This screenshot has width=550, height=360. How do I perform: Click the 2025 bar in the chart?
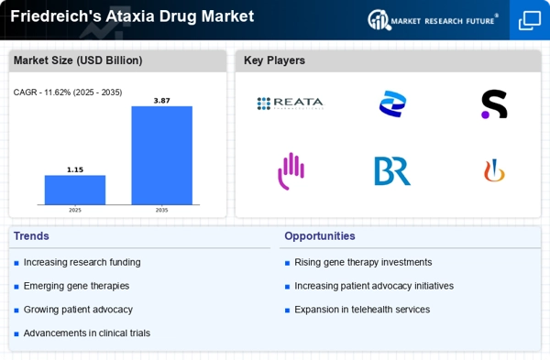(x=75, y=190)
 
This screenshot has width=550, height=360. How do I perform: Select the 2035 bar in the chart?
(x=161, y=155)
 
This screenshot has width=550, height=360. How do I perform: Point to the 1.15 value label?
(x=75, y=169)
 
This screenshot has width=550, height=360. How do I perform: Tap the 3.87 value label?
(x=161, y=100)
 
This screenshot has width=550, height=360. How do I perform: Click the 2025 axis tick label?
(x=75, y=210)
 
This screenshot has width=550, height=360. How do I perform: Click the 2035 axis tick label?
(x=161, y=210)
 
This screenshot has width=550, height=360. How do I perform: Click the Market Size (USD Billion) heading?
(x=77, y=60)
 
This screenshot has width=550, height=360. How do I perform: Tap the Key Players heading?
(x=274, y=60)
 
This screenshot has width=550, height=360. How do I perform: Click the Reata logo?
(x=290, y=104)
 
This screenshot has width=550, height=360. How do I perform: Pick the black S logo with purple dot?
(x=494, y=104)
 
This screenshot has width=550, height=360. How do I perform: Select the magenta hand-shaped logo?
(x=291, y=170)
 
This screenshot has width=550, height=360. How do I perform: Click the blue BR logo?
(x=392, y=171)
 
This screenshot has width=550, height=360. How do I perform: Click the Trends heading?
(x=31, y=235)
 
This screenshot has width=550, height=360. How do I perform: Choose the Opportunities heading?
(x=319, y=235)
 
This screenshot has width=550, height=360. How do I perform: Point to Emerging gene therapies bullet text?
(x=77, y=286)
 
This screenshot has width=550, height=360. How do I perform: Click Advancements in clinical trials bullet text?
(x=87, y=333)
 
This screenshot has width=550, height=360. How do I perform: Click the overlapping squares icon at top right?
(x=530, y=20)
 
